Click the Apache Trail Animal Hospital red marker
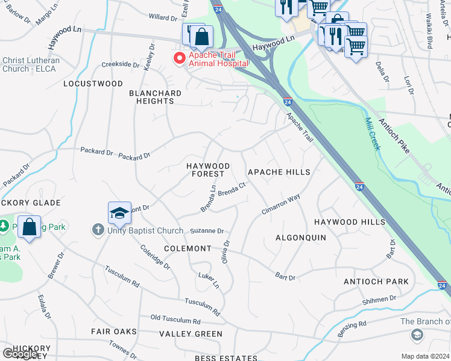point(178,58)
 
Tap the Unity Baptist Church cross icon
point(98,230)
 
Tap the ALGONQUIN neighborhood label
point(300,238)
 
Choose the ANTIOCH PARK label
point(376,282)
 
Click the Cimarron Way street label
point(280,204)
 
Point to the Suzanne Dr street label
point(207,231)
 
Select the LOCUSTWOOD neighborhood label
point(93,84)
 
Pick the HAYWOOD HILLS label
point(349,222)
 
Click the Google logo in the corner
point(20,354)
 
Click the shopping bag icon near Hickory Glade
point(29,227)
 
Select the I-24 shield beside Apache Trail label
point(288,102)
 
